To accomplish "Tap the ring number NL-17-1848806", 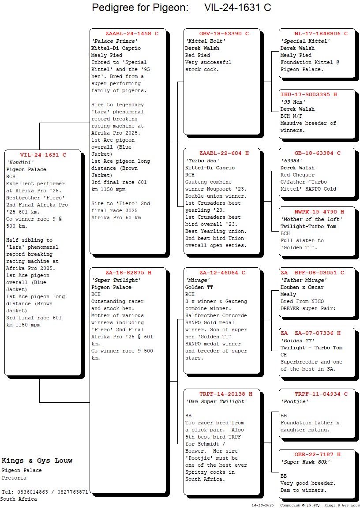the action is (x=318, y=34).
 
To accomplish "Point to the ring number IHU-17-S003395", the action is (x=305, y=94).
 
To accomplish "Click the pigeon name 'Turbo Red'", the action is (x=202, y=161).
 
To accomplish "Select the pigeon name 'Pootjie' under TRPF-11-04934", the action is (x=295, y=401).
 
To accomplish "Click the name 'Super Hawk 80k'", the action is (x=305, y=462).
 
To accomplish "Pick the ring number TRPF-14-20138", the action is (x=222, y=394).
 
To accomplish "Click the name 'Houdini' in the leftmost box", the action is (x=20, y=162).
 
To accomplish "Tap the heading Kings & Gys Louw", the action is (x=37, y=461).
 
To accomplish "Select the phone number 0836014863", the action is (x=33, y=492).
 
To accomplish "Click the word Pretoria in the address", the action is (x=14, y=478).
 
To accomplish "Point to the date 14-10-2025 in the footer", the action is (x=263, y=505).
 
